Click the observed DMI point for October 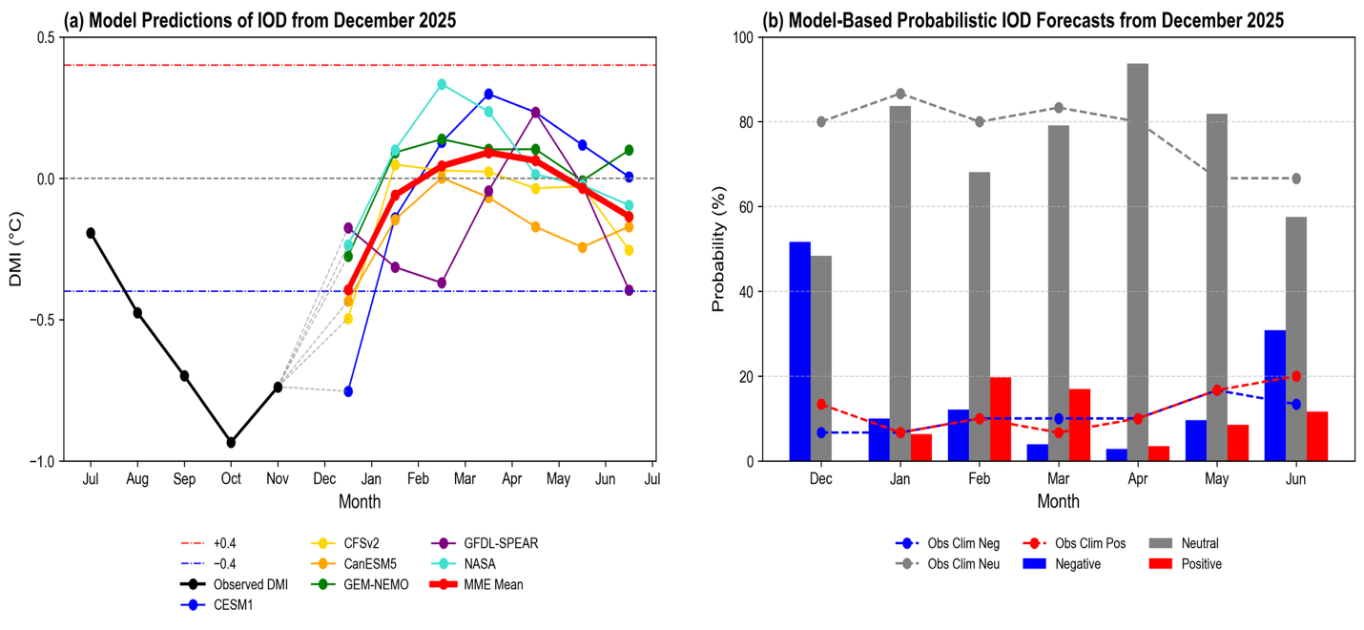point(231,442)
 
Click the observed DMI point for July point(91,233)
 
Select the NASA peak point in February point(442,84)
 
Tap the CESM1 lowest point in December point(348,391)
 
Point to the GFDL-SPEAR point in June point(629,290)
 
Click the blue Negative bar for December point(799,351)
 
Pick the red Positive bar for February point(1001,419)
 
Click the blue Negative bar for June point(1274,395)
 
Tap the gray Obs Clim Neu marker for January point(899,94)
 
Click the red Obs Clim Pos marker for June point(1295,376)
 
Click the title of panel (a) point(259,19)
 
